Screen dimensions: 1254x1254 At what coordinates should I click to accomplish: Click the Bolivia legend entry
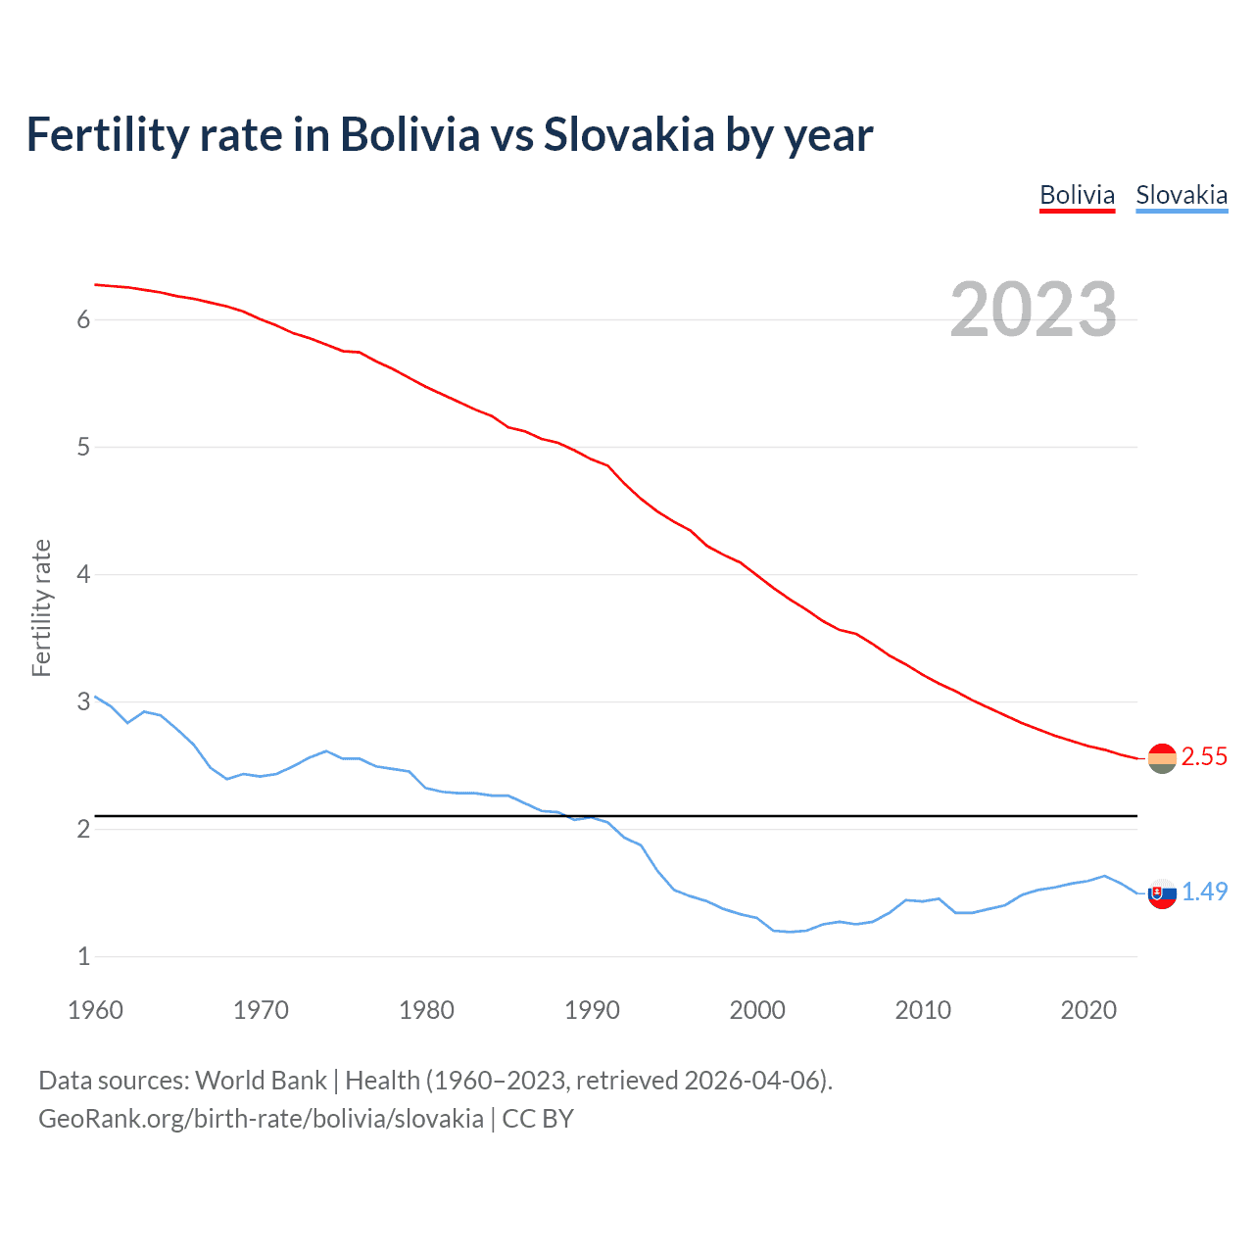[1077, 195]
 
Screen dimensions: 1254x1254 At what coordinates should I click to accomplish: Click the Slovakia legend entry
[1182, 195]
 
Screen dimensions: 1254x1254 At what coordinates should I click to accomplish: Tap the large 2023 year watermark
[1033, 310]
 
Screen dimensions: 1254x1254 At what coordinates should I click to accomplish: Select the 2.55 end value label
[1204, 756]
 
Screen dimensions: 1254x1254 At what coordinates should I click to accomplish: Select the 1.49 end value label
[1204, 892]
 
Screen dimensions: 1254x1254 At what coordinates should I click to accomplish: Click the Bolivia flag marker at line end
[1162, 758]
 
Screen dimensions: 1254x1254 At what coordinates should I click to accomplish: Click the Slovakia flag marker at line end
[1162, 892]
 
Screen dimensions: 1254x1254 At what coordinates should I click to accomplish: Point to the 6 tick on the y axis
[84, 319]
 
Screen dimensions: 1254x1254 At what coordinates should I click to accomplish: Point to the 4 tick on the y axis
[84, 574]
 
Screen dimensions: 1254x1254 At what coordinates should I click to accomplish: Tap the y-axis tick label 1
[84, 956]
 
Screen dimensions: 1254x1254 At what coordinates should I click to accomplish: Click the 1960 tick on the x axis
[95, 1010]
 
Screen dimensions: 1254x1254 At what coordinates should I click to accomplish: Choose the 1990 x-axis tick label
[592, 1010]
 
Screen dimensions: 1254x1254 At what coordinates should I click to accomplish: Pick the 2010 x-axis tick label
[923, 1010]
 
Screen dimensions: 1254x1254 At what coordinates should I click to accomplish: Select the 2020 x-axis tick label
[1088, 1010]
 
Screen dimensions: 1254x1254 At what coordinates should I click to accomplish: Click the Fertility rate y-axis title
[41, 607]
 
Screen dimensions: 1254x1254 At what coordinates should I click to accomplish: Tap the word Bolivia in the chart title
[410, 135]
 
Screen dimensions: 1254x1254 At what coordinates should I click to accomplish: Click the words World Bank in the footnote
[261, 1081]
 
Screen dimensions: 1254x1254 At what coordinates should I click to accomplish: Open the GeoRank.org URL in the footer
[261, 1119]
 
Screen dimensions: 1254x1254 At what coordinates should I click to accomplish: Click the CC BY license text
[538, 1119]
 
